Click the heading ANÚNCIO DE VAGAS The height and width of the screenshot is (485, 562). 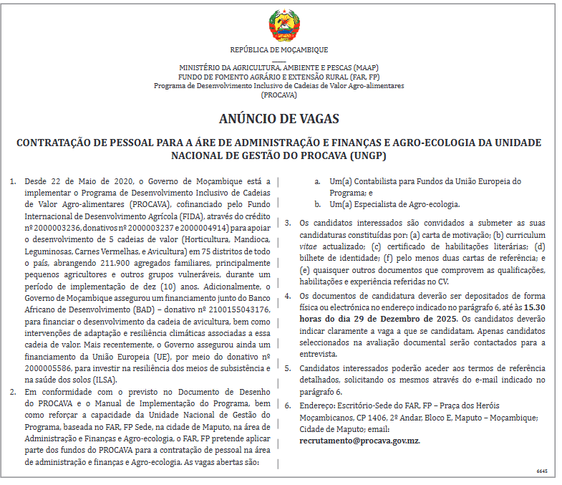coord(279,118)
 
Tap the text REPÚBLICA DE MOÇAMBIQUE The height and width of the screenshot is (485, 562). coord(279,50)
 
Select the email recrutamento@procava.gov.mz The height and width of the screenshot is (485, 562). coord(360,441)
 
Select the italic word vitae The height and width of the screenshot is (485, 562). coord(308,246)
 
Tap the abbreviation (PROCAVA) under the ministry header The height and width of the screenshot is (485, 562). coord(279,94)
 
